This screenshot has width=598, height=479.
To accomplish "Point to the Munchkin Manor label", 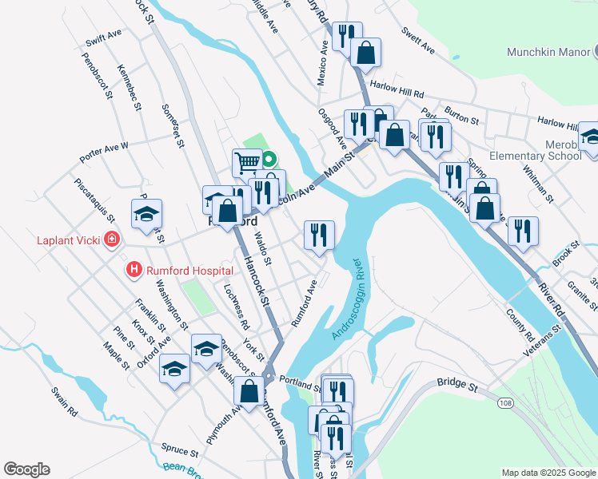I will point(547,52).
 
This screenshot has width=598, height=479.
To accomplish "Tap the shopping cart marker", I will point(247,163).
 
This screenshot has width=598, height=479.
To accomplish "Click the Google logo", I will point(26,469).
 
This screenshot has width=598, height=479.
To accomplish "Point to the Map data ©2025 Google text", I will point(548,473).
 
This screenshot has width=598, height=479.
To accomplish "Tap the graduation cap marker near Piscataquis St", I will point(147,213).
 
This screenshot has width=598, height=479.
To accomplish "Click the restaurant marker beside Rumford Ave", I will point(318,235).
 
